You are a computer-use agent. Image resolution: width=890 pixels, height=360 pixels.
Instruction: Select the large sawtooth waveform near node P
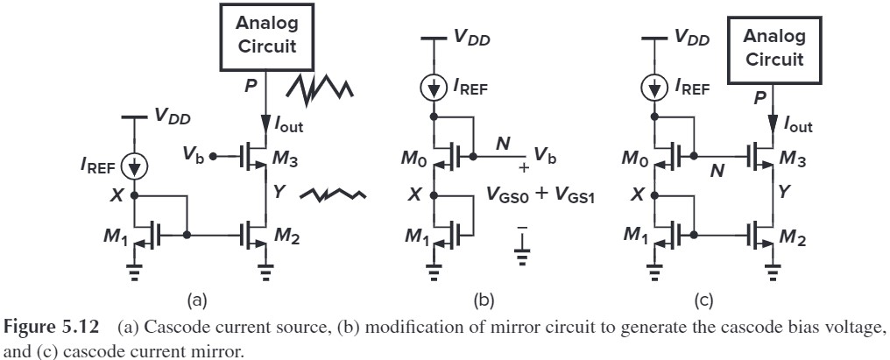pos(320,87)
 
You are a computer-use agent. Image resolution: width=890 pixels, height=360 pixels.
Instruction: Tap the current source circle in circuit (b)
pos(433,85)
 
